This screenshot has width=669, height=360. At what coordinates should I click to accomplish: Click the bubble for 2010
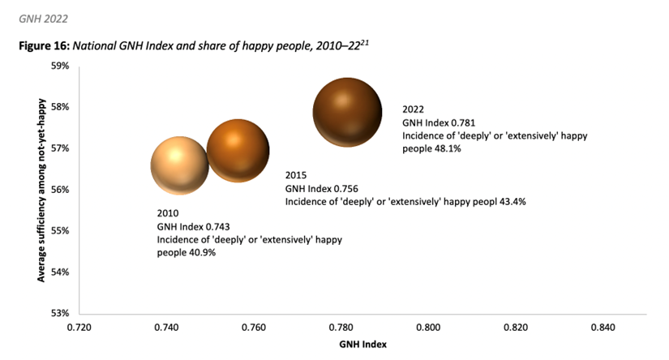tap(179, 165)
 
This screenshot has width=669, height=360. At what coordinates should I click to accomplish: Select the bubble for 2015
tap(238, 150)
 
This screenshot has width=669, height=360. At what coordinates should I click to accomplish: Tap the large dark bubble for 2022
tap(347, 113)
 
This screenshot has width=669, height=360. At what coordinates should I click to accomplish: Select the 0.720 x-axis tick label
tap(79, 328)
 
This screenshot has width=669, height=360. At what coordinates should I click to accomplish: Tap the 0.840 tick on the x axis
tap(603, 328)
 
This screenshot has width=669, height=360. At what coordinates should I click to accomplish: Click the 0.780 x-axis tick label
tap(341, 328)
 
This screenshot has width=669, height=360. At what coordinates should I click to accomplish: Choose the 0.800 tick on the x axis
tap(428, 328)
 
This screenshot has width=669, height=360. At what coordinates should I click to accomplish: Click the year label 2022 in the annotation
tap(413, 109)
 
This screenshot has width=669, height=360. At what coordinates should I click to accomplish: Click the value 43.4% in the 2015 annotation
tap(509, 201)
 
